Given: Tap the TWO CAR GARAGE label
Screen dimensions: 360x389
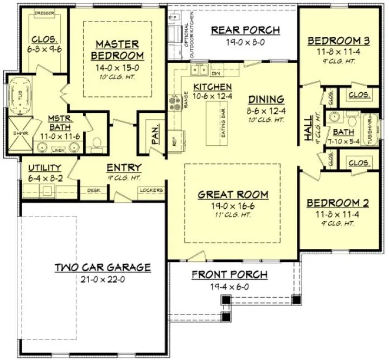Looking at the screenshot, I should tap(103, 267).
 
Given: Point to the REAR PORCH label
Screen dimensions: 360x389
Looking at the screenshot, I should tap(245, 30).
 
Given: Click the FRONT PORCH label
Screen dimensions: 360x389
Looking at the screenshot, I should tap(229, 275).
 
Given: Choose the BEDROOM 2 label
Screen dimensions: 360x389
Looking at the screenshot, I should tap(338, 203).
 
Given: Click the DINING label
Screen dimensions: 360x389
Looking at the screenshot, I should tap(266, 99).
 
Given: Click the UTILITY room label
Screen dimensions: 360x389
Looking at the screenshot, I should tap(44, 168).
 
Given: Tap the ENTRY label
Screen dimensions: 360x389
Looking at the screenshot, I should tap(124, 168).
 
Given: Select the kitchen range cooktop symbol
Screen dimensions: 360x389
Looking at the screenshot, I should tap(176, 102).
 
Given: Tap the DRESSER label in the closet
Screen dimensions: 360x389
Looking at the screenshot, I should tap(42, 12).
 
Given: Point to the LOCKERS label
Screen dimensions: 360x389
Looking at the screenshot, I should tap(151, 190).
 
